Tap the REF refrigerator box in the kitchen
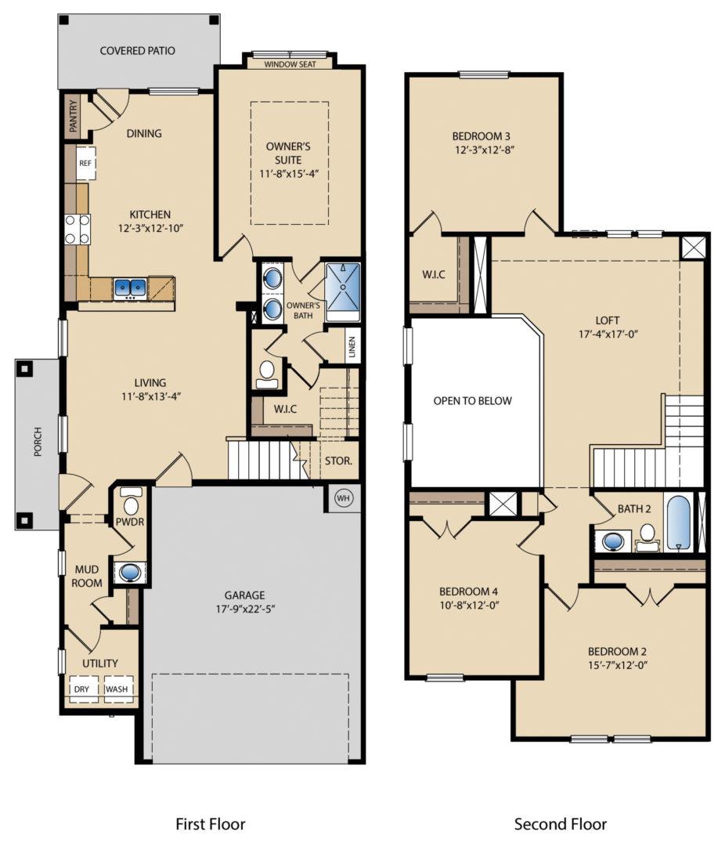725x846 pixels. point(85,164)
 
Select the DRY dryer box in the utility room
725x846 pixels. point(82,689)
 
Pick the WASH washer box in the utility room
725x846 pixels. point(117,689)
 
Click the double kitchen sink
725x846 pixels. point(129,288)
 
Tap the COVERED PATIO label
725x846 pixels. point(137,51)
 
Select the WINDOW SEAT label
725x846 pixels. point(290,64)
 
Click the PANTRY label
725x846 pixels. point(73,117)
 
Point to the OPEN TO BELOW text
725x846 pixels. point(473,401)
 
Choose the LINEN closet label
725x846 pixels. point(352,345)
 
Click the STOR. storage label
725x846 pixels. point(338,461)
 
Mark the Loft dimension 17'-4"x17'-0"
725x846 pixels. point(607,334)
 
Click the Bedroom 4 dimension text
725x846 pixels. point(469,606)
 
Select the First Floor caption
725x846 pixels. point(210,824)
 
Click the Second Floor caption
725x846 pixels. point(561,824)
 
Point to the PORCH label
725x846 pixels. point(38,443)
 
